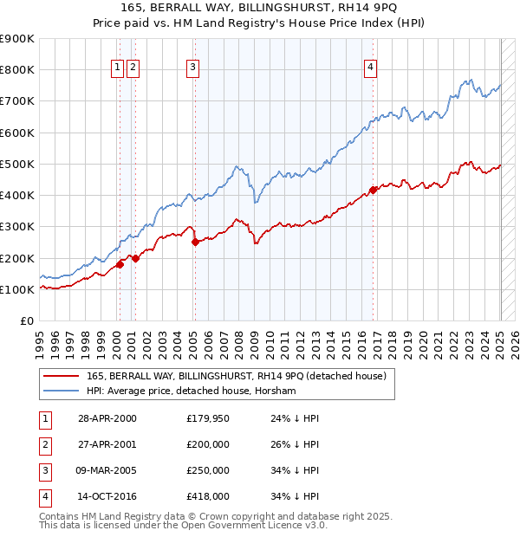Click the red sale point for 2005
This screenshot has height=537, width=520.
coord(195,243)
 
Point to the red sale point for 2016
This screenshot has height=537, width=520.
coord(373,190)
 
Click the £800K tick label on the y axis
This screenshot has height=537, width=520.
coord(17,70)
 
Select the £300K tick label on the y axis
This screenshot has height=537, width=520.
coord(17,227)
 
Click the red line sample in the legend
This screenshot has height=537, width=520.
coord(61,375)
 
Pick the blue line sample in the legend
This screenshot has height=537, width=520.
coord(61,391)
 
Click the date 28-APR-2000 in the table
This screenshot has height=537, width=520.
coord(107,418)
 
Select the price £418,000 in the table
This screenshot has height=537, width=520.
coord(208,496)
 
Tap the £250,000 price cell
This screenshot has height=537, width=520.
coord(208,470)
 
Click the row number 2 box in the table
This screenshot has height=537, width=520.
coord(42,444)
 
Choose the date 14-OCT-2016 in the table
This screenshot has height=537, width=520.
coord(107,496)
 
